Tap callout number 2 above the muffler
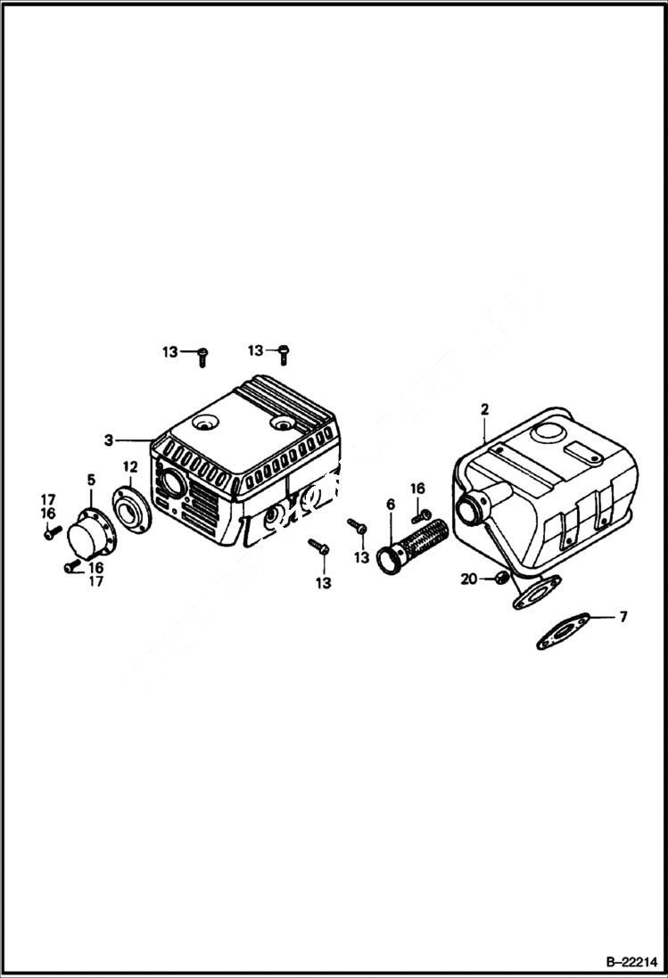(x=484, y=409)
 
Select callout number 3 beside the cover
(x=108, y=440)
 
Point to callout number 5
(x=90, y=481)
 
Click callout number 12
(x=129, y=466)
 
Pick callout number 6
(x=390, y=505)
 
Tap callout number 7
(x=623, y=617)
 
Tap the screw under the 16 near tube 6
(x=421, y=514)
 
